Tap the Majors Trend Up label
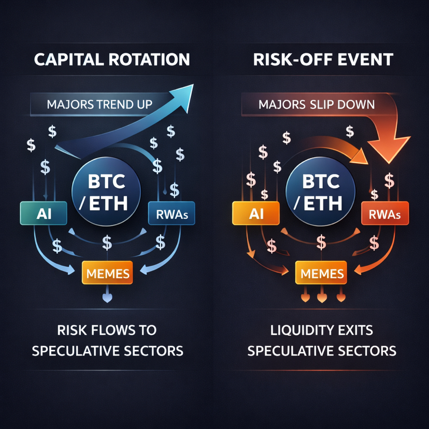[x=100, y=104]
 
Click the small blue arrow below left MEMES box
[x=107, y=298]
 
